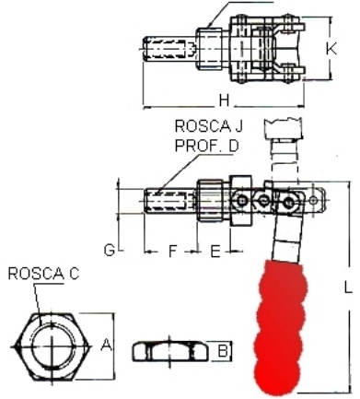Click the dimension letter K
pyautogui.click(x=331, y=49)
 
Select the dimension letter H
pyautogui.click(x=225, y=100)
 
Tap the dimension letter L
pyautogui.click(x=348, y=288)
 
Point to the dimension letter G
pyautogui.click(x=110, y=250)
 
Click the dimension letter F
pyautogui.click(x=173, y=251)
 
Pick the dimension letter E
pyautogui.click(x=215, y=251)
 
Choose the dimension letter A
pyautogui.click(x=106, y=345)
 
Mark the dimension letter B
pyautogui.click(x=224, y=350)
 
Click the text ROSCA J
pyautogui.click(x=209, y=126)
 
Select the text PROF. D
pyautogui.click(x=206, y=146)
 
